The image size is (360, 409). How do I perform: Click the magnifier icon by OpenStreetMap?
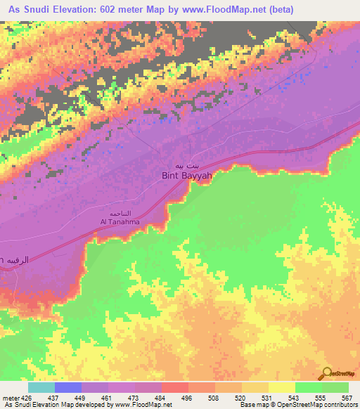click(328, 374)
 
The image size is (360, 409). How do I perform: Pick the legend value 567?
click(347, 398)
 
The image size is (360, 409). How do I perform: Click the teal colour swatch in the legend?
click(41, 387)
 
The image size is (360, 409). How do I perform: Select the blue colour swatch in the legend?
click(68, 387)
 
